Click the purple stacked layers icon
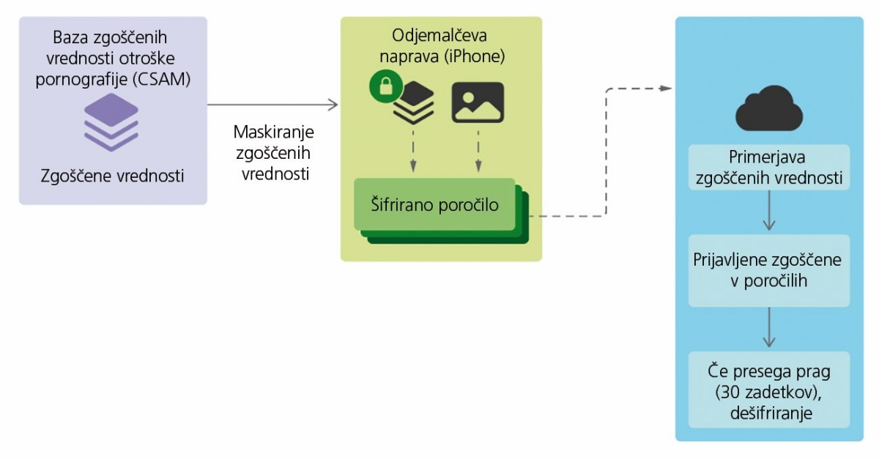point(111,122)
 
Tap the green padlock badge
point(386,86)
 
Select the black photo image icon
point(478,102)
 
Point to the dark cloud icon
point(768,108)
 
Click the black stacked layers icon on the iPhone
point(414,102)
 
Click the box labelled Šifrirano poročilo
point(434,204)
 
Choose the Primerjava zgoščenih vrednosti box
point(768,168)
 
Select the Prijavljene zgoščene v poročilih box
point(768,270)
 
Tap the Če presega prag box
point(768,389)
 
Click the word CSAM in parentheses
point(161,79)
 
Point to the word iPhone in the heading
point(475,56)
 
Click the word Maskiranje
point(273,132)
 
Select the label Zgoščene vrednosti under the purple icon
point(112,176)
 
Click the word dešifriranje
point(771,413)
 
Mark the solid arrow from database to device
point(272,105)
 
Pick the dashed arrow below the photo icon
point(478,152)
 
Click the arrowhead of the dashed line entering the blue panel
point(666,89)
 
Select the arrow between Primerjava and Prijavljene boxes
point(768,211)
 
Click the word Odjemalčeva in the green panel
point(439,35)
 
